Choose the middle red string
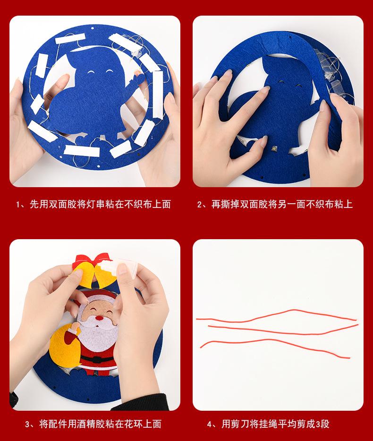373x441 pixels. click(283, 329)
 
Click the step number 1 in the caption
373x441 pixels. click(18, 205)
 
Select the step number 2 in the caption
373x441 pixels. click(200, 205)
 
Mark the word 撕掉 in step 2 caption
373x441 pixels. click(230, 205)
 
